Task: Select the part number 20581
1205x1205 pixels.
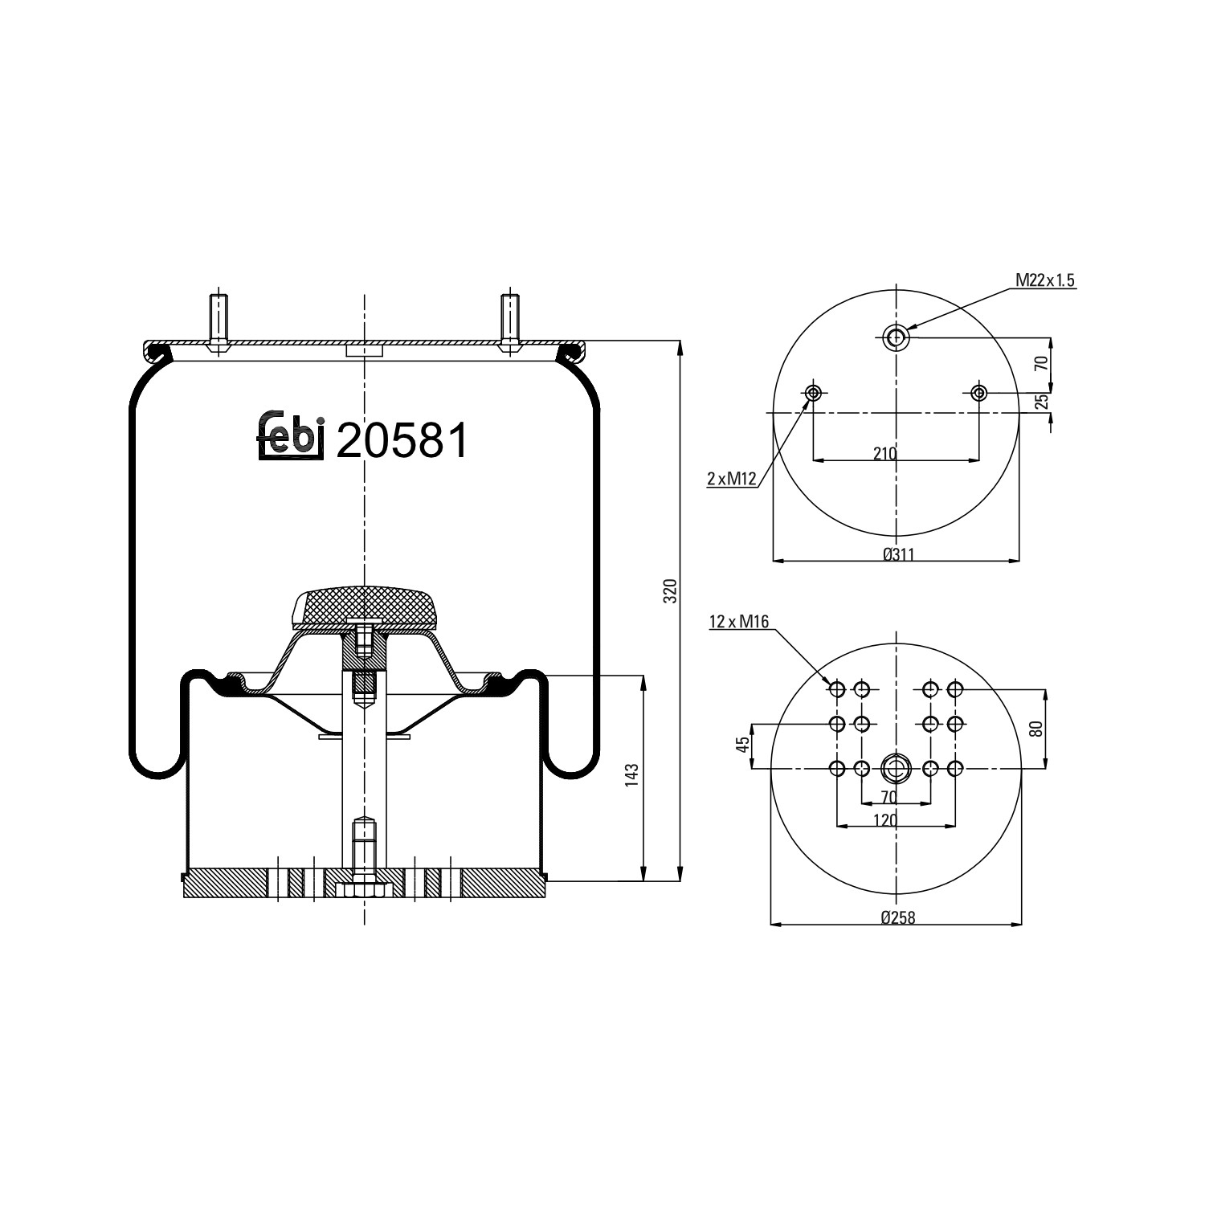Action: [x=402, y=441]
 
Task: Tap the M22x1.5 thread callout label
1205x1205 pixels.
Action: [x=1044, y=280]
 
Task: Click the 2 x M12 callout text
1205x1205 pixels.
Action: [x=732, y=480]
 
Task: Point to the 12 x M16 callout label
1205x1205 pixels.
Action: [x=739, y=621]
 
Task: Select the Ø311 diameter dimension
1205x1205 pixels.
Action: [x=898, y=554]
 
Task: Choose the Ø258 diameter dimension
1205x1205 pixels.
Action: [x=897, y=918]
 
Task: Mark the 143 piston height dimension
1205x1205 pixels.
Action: [x=632, y=777]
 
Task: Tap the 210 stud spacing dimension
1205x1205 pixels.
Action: [x=884, y=454]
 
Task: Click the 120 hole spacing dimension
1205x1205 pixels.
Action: [x=885, y=819]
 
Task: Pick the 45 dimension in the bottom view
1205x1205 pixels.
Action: [x=743, y=744]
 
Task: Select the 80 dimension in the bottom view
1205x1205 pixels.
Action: [x=1035, y=729]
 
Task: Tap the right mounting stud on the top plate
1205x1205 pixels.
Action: [x=509, y=319]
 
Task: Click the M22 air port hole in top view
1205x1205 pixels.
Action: [x=895, y=337]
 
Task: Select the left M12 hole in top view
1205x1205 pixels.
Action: [x=813, y=393]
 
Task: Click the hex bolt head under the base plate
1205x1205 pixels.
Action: [x=364, y=890]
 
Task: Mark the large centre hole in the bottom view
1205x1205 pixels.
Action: [x=895, y=769]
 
